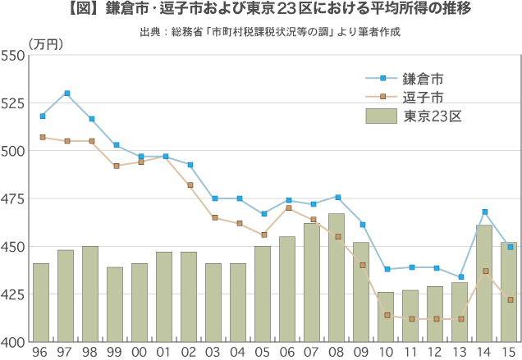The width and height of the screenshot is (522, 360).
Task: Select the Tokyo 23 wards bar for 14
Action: pos(484,283)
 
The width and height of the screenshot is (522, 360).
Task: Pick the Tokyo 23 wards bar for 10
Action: pos(386,317)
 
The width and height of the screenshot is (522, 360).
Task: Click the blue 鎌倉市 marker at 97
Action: pos(67,93)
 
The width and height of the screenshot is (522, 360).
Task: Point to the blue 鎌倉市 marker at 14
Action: pos(485,212)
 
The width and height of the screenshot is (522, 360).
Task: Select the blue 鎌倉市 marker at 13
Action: pos(460,277)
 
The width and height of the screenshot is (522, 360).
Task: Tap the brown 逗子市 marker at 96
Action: pos(43,137)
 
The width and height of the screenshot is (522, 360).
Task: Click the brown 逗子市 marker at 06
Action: pos(288,208)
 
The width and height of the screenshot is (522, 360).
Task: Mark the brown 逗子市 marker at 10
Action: pos(387,315)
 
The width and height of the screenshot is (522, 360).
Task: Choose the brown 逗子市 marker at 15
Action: pos(510,300)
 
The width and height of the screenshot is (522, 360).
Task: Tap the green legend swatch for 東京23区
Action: pos(381,116)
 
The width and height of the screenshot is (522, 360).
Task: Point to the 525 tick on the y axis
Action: pos(15,103)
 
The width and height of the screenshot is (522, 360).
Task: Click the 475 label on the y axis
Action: pos(15,198)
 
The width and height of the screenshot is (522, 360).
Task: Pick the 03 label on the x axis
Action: pos(213,351)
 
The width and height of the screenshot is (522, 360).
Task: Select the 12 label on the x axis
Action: pos(435,351)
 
